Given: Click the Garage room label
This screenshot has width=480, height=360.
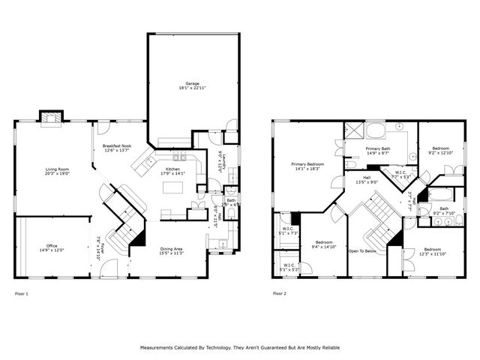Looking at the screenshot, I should click(x=192, y=82).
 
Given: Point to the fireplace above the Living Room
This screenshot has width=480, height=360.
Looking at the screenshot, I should click(x=51, y=117).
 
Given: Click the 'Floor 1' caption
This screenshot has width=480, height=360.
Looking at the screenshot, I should click(x=22, y=293).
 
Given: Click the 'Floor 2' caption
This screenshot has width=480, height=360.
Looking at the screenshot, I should click(x=280, y=293).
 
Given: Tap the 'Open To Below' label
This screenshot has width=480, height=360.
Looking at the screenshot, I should click(x=363, y=250).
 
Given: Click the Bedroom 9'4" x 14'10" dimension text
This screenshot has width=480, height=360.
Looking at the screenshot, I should click(x=324, y=246).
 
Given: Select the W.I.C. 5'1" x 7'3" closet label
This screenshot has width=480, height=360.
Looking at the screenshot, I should click(x=289, y=233).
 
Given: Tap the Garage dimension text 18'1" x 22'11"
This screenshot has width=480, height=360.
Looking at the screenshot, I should click(x=192, y=88).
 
